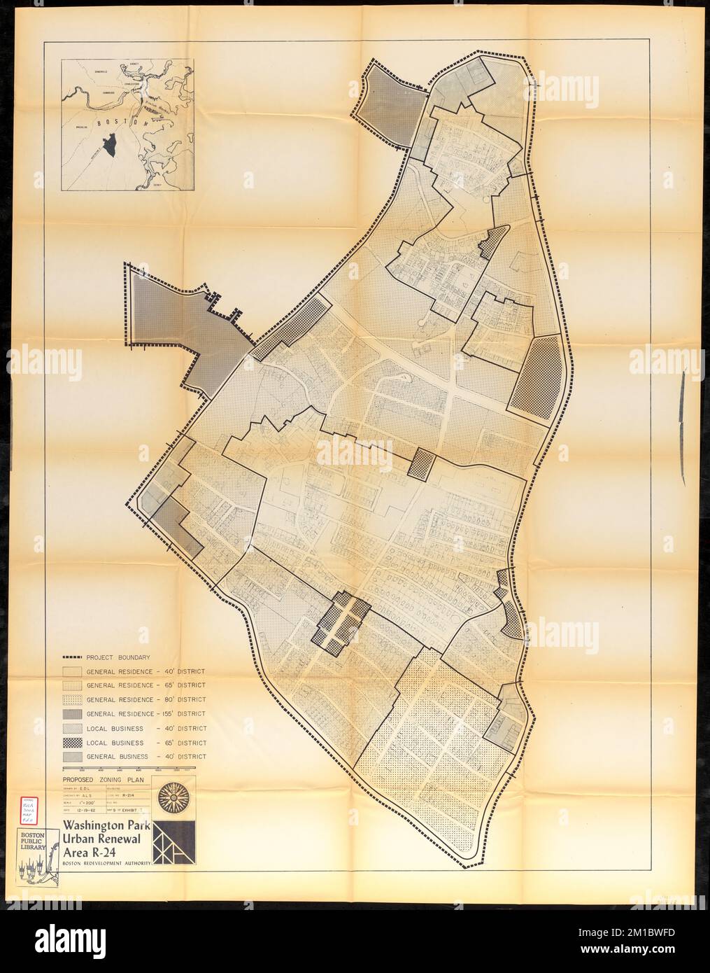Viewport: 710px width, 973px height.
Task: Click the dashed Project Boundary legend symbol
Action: (x=72, y=657)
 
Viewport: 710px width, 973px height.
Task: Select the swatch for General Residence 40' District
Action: (x=72, y=671)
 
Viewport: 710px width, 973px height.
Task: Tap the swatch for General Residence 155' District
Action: (x=72, y=713)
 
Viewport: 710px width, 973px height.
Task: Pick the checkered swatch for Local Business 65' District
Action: (x=72, y=742)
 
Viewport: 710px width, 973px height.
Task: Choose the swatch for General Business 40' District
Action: (x=72, y=756)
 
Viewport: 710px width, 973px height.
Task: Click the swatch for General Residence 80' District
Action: (x=72, y=699)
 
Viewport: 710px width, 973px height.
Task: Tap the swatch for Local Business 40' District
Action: (x=72, y=728)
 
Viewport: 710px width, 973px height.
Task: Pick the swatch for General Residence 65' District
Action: (x=72, y=685)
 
